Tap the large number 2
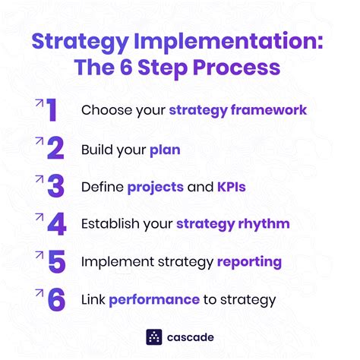[54, 149]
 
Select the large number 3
[54, 187]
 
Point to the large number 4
[55, 224]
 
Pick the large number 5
[55, 262]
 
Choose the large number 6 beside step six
[55, 299]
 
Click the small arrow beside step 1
[37, 100]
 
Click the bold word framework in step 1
[270, 111]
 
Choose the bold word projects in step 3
[155, 187]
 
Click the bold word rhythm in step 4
[262, 224]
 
